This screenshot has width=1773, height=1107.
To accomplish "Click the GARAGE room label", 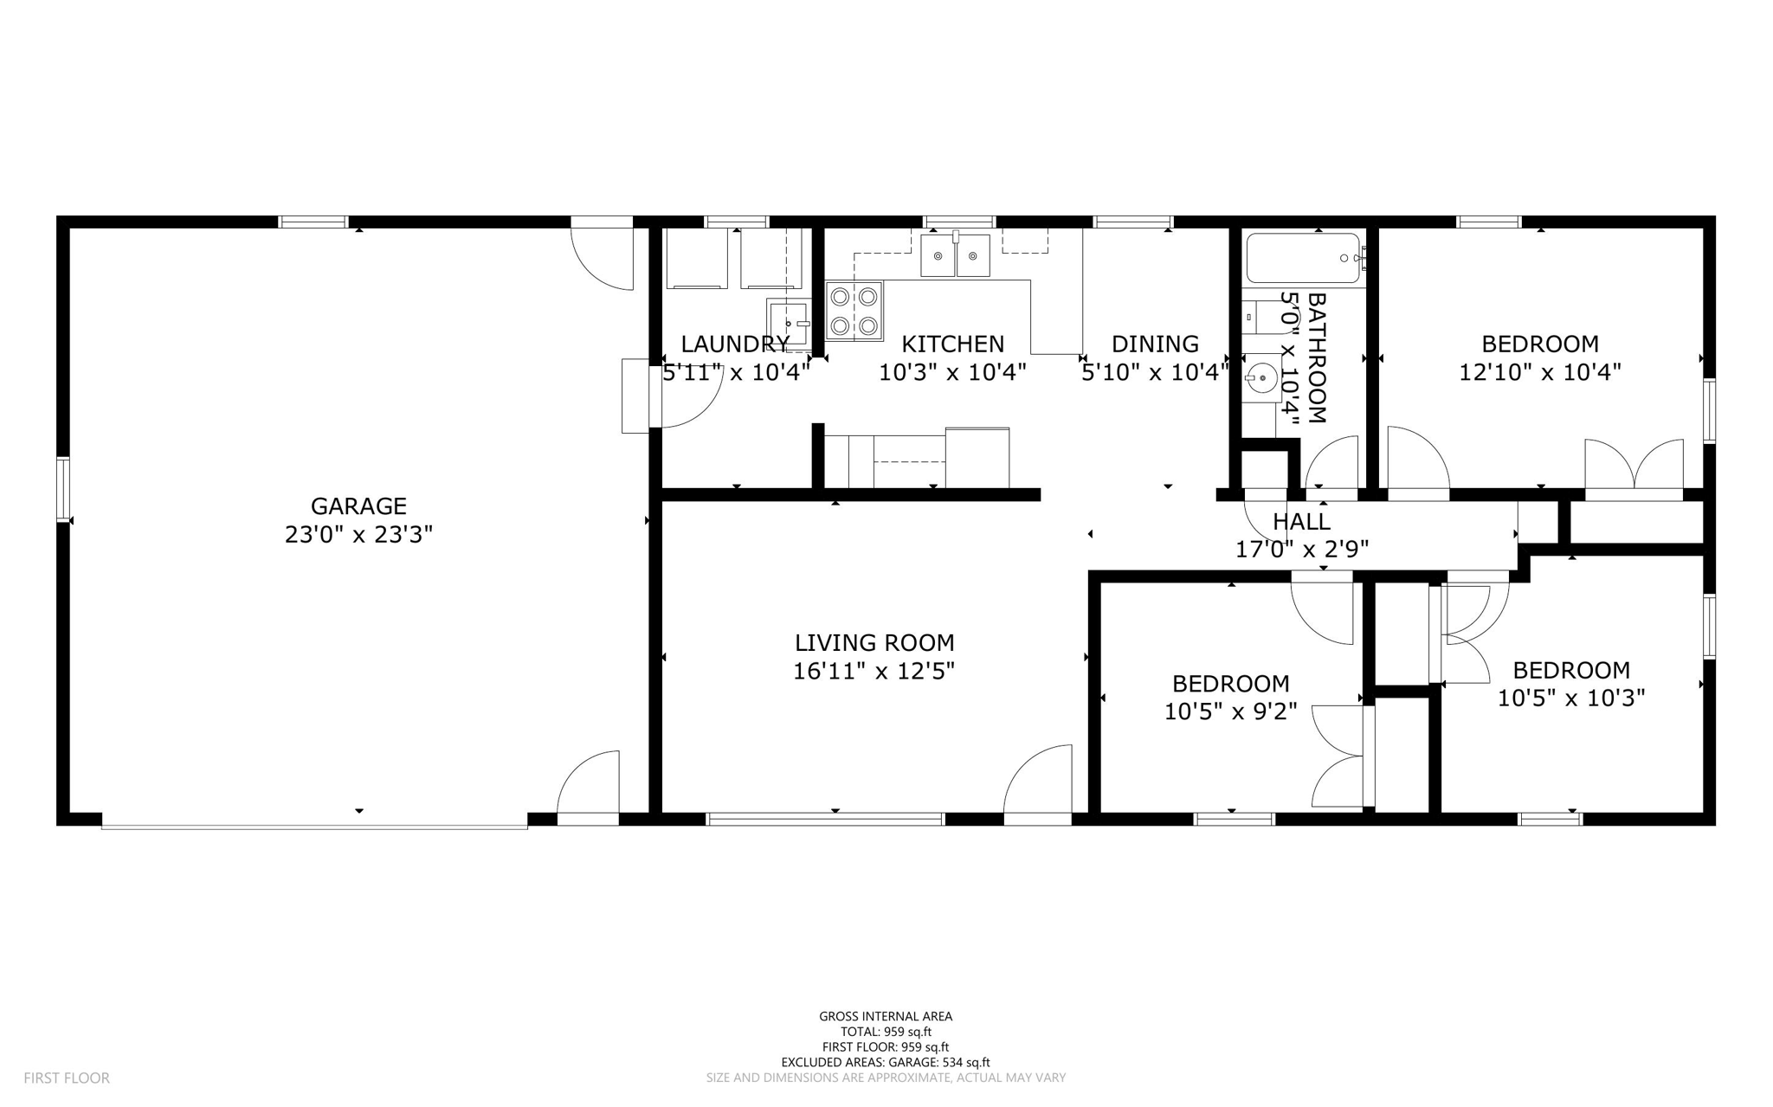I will (358, 505).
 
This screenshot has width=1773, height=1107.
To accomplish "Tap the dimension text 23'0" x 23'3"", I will (358, 535).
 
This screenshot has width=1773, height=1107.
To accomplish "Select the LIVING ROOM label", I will (874, 642).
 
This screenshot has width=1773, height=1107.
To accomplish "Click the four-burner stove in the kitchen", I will (854, 311).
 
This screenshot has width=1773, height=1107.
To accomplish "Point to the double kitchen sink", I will (956, 255).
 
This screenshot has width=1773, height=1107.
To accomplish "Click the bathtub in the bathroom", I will (1303, 258).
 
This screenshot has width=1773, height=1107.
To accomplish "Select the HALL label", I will (1301, 522).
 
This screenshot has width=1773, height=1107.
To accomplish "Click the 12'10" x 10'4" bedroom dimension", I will (1540, 372).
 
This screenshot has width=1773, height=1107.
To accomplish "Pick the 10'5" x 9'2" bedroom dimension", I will (1230, 711).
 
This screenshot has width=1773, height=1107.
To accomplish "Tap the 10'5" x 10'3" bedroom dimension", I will (1571, 698).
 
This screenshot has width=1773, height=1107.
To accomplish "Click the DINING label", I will (1155, 344).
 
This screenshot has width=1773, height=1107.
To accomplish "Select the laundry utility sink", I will (788, 323).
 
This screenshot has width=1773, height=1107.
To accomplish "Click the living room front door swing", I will (1039, 779).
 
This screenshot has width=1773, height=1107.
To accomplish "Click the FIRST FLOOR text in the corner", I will (67, 1078).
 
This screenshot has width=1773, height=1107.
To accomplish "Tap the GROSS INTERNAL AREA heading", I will (886, 1016).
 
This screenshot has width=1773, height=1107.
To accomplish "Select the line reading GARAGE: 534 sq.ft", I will (886, 1062).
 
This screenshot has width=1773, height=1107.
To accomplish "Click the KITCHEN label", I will (952, 344).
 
